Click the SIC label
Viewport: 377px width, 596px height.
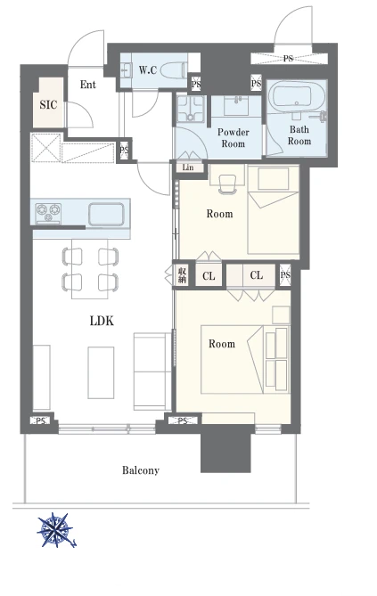click(x=48, y=104)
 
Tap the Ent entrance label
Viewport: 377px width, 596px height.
click(x=88, y=85)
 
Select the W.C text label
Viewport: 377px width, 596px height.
click(x=148, y=70)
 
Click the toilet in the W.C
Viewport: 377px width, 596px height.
click(x=174, y=70)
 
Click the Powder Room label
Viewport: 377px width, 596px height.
click(x=234, y=138)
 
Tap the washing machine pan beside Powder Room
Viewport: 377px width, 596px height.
click(x=191, y=109)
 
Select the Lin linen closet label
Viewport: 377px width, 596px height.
click(x=188, y=167)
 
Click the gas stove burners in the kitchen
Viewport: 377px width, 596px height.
click(x=48, y=213)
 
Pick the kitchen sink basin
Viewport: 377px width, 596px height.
click(x=106, y=214)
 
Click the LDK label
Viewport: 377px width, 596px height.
click(x=102, y=321)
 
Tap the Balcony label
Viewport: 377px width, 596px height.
click(x=141, y=470)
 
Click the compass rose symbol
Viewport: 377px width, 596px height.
click(x=56, y=530)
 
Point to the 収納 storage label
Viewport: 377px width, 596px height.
click(x=182, y=275)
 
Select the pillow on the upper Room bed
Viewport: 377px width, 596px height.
click(x=273, y=179)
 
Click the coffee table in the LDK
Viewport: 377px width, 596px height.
click(x=101, y=372)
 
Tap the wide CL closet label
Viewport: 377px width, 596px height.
click(x=257, y=275)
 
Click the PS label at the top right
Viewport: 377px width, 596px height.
click(x=288, y=59)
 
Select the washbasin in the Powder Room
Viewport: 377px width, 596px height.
click(x=236, y=106)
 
